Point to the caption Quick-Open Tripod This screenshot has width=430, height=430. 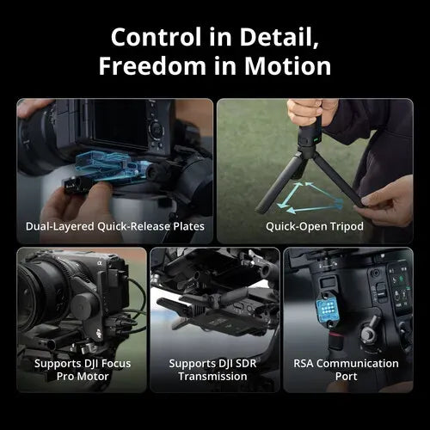[315, 227]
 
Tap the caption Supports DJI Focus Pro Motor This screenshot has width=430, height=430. [82, 370]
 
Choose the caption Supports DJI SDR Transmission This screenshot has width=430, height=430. [214, 370]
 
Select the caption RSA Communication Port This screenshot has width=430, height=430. [347, 370]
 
